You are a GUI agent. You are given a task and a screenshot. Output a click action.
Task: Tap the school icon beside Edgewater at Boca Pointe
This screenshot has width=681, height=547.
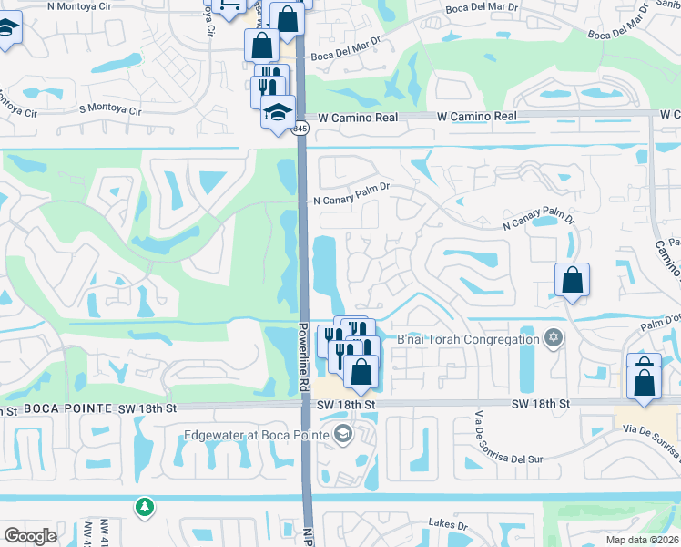point(343,432)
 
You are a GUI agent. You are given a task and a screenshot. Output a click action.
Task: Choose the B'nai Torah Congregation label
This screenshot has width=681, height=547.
point(468,340)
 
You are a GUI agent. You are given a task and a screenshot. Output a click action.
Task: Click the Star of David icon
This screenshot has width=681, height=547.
point(552,339)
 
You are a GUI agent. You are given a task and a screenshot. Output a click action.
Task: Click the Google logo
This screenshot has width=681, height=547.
point(30,536)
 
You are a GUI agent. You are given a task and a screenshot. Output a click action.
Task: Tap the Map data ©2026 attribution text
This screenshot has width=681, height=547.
point(642,540)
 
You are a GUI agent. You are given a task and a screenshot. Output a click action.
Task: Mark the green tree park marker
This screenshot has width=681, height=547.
point(143,506)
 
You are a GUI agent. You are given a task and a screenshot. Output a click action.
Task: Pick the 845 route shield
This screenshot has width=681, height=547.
point(301,130)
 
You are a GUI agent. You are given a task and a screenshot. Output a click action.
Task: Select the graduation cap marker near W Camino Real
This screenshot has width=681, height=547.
point(278,112)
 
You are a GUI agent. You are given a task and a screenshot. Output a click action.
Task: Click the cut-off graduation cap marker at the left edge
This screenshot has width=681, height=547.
point(7,30)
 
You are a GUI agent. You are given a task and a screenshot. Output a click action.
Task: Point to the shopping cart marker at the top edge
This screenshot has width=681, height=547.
point(228,5)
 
